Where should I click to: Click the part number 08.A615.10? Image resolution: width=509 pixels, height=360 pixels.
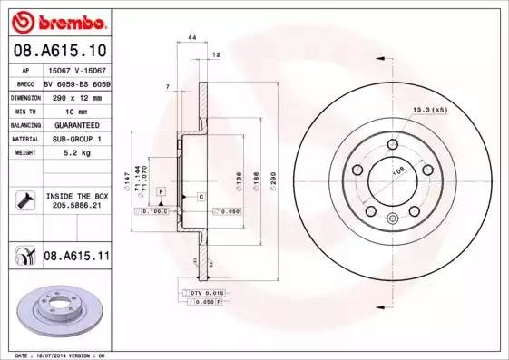pyautogui.click(x=58, y=50)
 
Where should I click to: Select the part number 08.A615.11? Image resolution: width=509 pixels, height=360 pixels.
pyautogui.click(x=75, y=258)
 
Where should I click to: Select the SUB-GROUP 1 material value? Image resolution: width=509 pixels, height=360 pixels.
pyautogui.click(x=75, y=140)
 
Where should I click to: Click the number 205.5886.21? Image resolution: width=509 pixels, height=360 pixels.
pyautogui.click(x=75, y=206)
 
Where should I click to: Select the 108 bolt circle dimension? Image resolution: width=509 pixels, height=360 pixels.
pyautogui.click(x=396, y=170)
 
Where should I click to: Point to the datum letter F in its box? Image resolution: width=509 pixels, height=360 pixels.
pyautogui.click(x=161, y=191)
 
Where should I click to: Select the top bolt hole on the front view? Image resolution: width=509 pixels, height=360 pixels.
pyautogui.click(x=393, y=146)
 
